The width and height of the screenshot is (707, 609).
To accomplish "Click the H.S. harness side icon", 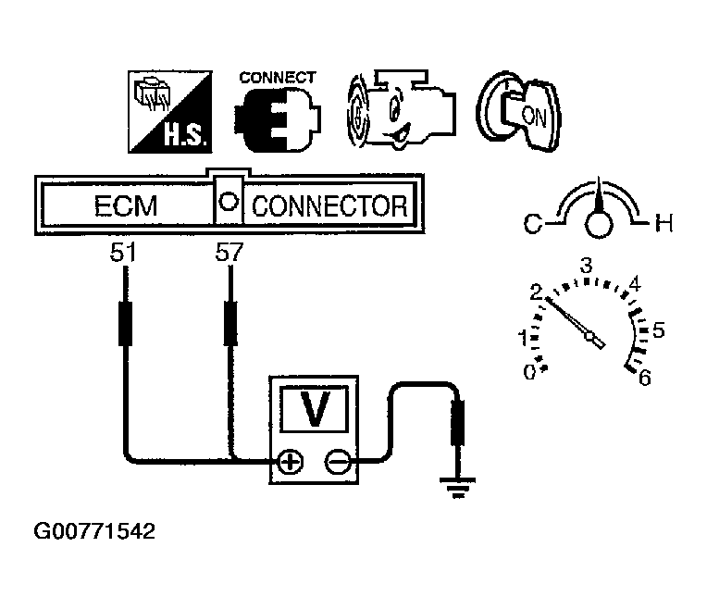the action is coord(170,112).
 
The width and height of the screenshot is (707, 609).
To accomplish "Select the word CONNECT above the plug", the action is coord(278,78).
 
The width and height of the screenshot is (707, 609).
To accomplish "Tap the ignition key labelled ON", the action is coord(519,111).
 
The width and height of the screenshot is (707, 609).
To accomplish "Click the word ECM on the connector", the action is coord(126,206).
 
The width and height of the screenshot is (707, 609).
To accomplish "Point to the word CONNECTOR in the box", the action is coord(329,206).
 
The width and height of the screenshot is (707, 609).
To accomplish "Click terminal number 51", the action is coord(123,253).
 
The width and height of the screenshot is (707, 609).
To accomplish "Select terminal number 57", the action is coord(229,253).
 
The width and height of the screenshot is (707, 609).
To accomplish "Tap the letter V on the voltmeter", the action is coord(315,408).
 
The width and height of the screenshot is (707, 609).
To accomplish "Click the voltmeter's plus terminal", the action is coord(291,463).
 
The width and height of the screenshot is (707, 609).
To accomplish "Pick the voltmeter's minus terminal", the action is coord(337,463).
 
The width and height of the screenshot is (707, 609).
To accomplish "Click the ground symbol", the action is coord(458,487).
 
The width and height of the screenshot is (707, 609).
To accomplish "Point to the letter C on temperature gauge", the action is coord(533,223).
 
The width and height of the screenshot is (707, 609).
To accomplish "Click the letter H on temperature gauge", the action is coord(664,223).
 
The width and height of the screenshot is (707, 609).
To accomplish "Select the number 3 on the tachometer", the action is coord(586,266).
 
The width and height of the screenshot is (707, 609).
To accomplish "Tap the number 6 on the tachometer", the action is coord(645,378).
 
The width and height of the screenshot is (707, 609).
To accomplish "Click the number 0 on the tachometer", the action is coord(530,372).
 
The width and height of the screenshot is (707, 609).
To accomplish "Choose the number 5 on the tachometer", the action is coord(659,330).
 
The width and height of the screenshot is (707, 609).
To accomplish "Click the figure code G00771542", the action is coord(94,531).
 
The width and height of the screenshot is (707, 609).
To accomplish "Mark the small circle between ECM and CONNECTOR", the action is coord(229,201).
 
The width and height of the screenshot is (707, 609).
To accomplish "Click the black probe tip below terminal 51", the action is coord(125,323).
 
